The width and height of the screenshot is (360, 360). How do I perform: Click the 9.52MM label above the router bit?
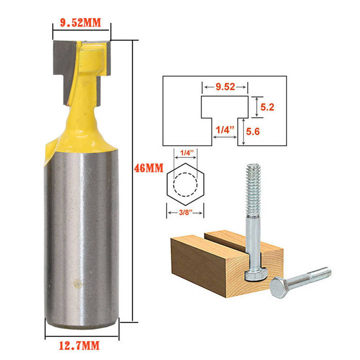tap(81, 23)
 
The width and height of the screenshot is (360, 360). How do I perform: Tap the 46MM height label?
tap(149, 168)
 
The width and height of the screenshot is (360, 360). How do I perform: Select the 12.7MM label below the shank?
tap(79, 346)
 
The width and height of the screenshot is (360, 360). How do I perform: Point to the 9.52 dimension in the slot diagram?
tap(225, 87)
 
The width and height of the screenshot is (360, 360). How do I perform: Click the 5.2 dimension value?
tap(267, 107)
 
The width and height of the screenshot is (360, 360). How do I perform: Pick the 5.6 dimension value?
tap(253, 131)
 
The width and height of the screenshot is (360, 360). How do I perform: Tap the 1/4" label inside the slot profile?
tap(225, 130)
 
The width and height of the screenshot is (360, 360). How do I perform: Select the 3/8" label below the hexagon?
tap(185, 212)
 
